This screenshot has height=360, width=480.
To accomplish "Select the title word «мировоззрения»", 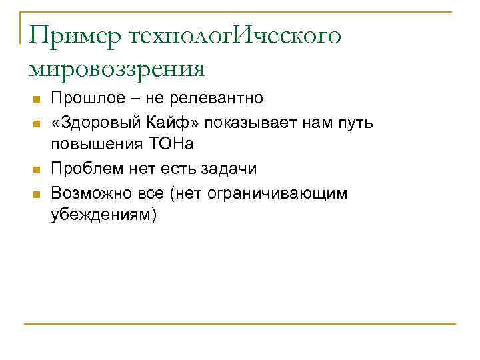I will [x=117, y=68].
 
